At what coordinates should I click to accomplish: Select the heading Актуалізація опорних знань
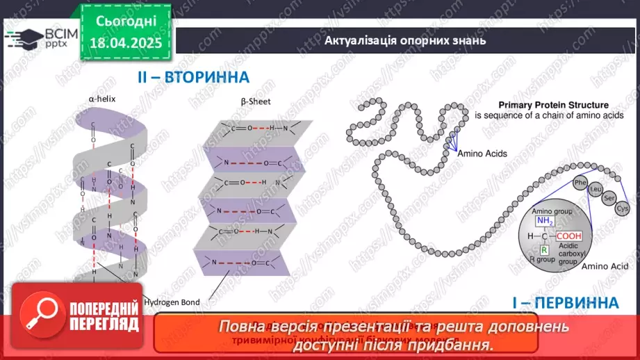click(404, 40)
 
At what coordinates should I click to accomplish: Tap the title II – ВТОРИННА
click(192, 77)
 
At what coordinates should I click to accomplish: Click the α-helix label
click(102, 99)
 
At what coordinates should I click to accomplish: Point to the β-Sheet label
click(256, 101)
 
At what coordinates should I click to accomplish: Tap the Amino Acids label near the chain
click(482, 154)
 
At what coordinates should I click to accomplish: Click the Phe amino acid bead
click(580, 183)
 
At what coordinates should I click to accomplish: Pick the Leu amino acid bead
click(595, 189)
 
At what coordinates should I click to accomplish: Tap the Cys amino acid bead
click(623, 208)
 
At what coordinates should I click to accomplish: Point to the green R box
click(545, 249)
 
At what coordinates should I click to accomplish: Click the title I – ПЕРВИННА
click(564, 303)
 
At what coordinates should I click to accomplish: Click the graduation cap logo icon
click(26, 36)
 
